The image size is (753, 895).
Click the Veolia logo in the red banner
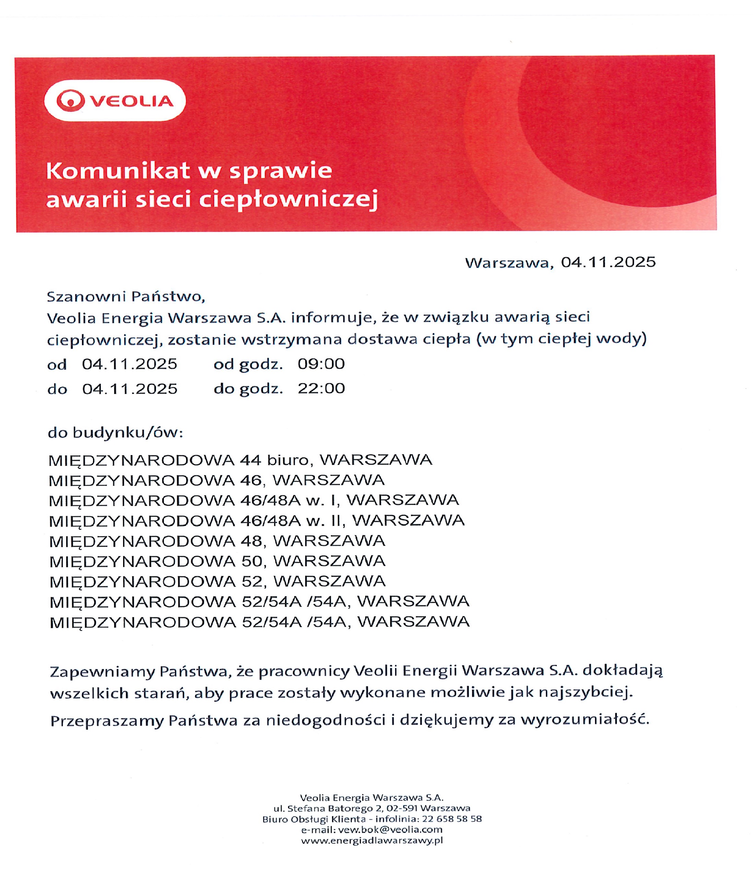click(115, 101)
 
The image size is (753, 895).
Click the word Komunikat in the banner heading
click(117, 171)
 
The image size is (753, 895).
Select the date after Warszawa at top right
click(608, 262)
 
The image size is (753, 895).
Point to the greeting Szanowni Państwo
click(126, 297)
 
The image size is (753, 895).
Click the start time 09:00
click(321, 364)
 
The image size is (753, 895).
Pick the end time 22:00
click(321, 388)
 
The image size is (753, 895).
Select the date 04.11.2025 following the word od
click(129, 364)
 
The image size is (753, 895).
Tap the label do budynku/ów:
click(115, 433)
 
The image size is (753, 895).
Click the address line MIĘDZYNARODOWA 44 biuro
click(240, 460)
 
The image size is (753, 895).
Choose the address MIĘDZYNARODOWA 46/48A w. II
click(256, 521)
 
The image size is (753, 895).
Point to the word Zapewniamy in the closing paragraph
click(102, 672)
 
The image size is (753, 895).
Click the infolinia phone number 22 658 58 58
click(452, 819)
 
